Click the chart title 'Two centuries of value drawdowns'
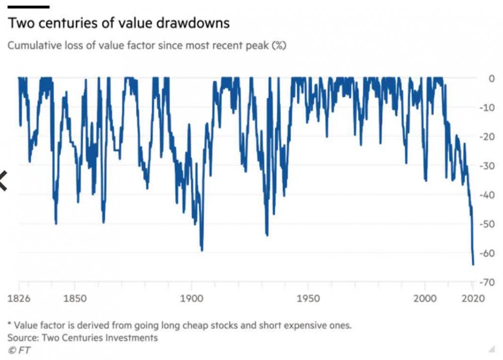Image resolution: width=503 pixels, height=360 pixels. coord(119,24)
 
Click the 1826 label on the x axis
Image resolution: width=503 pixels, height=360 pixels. coord(19,299)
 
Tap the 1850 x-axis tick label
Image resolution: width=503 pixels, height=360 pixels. coord(74,299)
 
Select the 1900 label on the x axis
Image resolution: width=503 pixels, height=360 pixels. coord(191,299)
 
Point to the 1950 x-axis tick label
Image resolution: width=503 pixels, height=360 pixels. coord(308,299)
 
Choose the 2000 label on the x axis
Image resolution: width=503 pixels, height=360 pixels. coord(425,299)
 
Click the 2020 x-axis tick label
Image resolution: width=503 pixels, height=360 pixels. coord(472,299)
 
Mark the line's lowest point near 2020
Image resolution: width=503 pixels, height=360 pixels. coord(473,264)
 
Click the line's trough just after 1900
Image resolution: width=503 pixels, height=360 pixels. coord(202,250)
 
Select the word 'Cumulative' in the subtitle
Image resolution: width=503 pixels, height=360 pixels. coord(31,46)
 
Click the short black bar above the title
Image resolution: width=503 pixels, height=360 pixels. coord(28,7)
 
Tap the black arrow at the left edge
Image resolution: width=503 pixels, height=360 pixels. coord(3,181)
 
